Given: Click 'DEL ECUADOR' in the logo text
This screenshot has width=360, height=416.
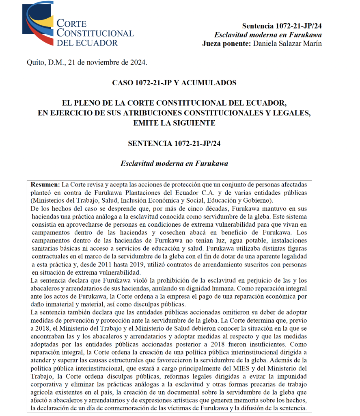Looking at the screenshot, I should tap(87, 43).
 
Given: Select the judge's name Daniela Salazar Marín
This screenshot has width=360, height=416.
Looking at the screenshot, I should tap(287, 43).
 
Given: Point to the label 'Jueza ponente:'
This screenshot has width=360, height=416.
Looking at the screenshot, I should tap(226, 43).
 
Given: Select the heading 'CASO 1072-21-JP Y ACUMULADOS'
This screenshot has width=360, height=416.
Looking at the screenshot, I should tap(174, 83).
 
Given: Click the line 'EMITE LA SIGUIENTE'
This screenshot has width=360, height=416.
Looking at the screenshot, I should tap(174, 122).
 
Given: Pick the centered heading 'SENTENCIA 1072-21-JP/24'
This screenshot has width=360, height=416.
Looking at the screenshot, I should tap(174, 143).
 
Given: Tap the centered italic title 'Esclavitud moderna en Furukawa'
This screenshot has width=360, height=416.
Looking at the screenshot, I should tap(174, 164).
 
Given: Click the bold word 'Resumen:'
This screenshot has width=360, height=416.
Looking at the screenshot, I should tap(45, 184).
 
